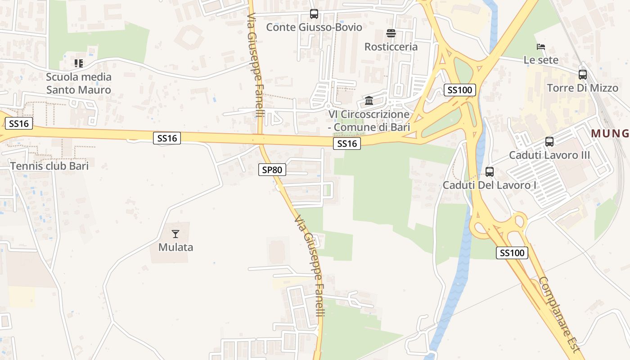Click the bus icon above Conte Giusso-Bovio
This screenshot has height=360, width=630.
coord(314,14)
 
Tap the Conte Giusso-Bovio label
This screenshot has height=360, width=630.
coord(314,27)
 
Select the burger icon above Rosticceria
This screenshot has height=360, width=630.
coord(391,33)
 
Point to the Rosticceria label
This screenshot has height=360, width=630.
coord(391,46)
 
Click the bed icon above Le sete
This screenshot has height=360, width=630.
coord(541,47)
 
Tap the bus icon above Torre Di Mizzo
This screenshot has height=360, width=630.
coord(582,74)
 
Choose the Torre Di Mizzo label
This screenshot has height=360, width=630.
coord(582,87)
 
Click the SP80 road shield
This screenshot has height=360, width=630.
coord(272,170)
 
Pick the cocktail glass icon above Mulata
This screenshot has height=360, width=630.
coord(175,234)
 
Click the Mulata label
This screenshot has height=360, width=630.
coord(175,247)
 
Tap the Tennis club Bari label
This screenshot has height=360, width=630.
coord(49,166)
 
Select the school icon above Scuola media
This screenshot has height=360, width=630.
coord(79,63)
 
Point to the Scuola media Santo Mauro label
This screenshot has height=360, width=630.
coord(79,83)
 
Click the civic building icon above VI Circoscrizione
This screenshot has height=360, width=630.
coord(369,100)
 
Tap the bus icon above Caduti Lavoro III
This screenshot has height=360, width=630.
coord(549,142)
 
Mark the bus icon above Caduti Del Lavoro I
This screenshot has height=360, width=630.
coord(489,171)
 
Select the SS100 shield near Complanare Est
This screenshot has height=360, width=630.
coord(512,252)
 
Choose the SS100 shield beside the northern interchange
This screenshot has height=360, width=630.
coord(459,90)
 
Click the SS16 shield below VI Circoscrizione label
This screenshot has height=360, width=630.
coord(347,144)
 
